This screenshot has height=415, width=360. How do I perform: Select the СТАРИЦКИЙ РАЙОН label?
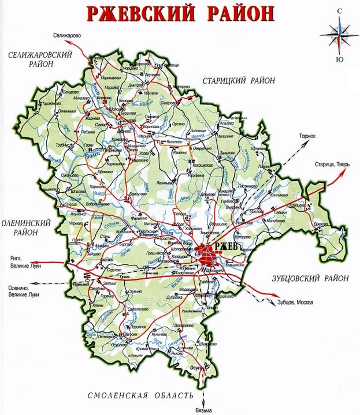237,81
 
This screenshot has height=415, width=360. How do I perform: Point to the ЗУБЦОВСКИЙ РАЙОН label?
310,278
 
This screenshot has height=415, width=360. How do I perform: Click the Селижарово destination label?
68,36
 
